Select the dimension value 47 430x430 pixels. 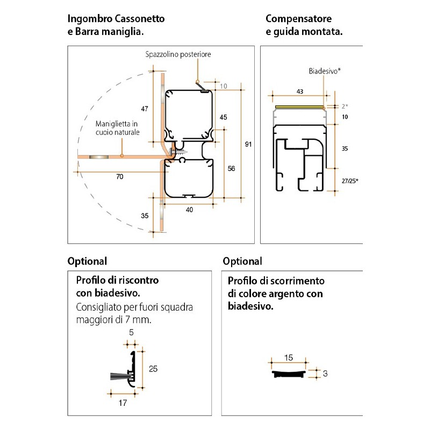144,109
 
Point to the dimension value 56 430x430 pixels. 231,168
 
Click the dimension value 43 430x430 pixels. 300,92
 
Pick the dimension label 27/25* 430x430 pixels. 349,181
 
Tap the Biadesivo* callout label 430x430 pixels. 325,71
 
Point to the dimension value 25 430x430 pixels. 153,369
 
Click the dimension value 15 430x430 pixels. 289,357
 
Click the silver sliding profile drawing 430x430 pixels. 289,372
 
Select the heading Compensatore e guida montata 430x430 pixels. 304,25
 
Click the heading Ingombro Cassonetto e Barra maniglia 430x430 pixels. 116,25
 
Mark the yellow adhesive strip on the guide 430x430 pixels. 298,106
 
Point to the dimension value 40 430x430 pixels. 189,210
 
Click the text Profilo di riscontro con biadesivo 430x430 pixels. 117,286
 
